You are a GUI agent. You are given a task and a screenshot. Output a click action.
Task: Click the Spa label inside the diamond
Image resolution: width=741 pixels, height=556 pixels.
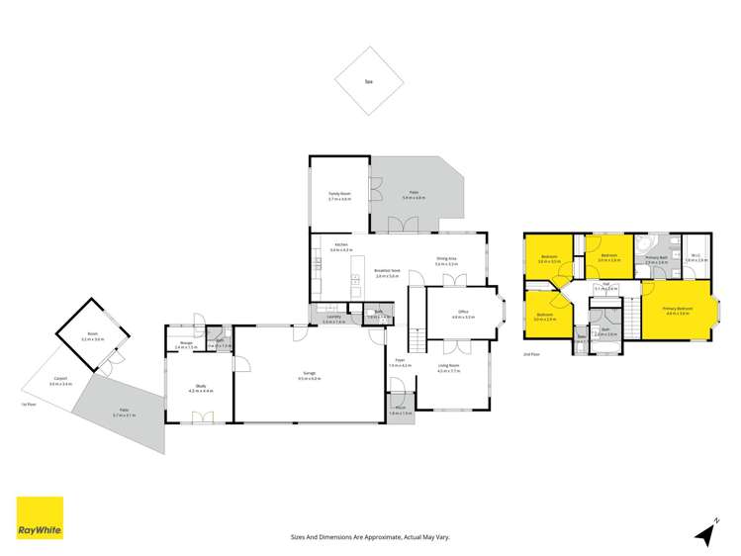coord(368,83)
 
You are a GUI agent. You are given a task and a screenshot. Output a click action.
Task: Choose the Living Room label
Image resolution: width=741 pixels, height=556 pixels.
coord(450,368)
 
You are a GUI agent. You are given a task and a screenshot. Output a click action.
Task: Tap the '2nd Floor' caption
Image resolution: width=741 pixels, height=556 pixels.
coord(532,353)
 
